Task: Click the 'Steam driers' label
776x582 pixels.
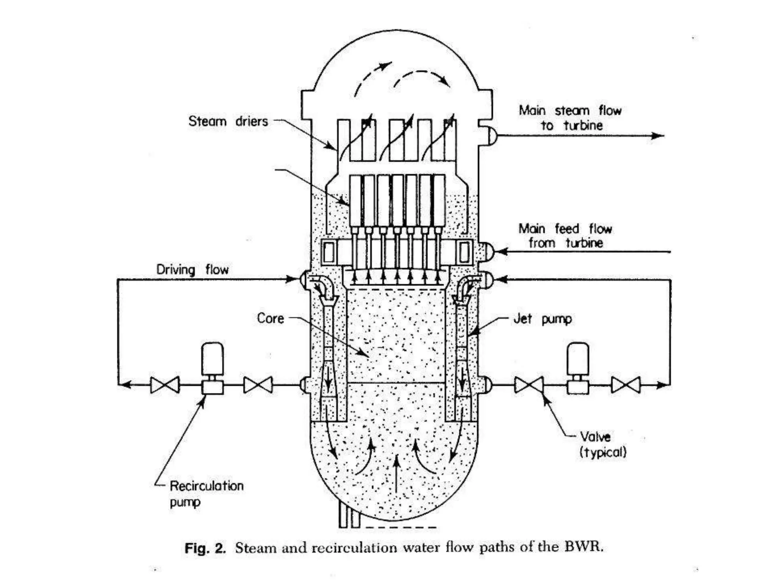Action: (x=228, y=121)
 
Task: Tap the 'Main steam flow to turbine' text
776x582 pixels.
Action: (x=570, y=118)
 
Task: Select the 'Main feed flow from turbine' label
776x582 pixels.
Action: (x=565, y=236)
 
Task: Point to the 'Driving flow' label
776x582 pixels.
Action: (x=192, y=270)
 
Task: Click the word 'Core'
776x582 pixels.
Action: (x=270, y=318)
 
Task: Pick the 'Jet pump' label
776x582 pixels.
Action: (x=543, y=319)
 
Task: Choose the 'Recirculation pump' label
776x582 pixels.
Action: (x=206, y=494)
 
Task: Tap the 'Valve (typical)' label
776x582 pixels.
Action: (x=602, y=444)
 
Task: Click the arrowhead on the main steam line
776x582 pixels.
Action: (x=658, y=136)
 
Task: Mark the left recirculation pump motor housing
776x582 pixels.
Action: (x=213, y=358)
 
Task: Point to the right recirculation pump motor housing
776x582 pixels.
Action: (x=578, y=358)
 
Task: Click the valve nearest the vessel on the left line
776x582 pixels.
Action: (x=258, y=385)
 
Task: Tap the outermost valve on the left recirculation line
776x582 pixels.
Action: (x=165, y=385)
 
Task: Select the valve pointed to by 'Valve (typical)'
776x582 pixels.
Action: (x=529, y=385)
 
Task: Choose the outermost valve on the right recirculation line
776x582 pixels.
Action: (x=626, y=385)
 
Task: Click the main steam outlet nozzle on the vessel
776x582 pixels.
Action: (x=491, y=136)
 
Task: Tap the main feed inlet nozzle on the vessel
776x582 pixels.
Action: (x=489, y=251)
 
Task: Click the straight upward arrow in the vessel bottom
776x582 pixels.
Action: (x=396, y=474)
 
